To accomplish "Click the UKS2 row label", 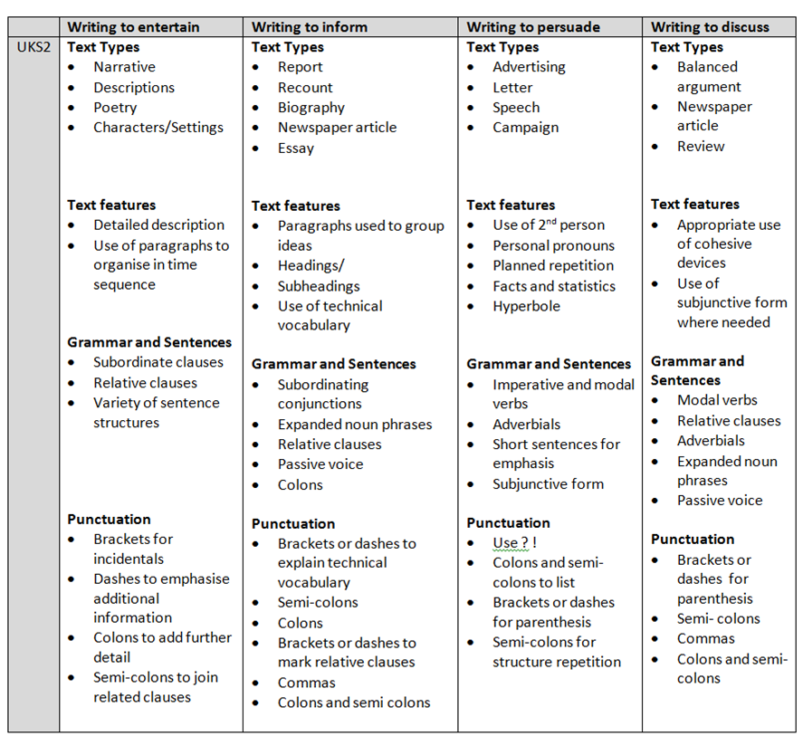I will tap(33, 47).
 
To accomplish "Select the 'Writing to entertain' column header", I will tap(133, 27).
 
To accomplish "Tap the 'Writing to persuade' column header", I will tap(533, 27).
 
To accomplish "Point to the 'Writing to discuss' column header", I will tap(710, 27).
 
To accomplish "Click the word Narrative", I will tap(124, 67).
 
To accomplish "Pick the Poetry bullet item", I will tap(115, 107).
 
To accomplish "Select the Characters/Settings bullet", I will tap(158, 128).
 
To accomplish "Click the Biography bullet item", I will tap(311, 108).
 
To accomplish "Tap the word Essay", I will tap(295, 148).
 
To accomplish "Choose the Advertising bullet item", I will tap(529, 67).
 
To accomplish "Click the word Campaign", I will tap(525, 128).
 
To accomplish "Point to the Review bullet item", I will tap(701, 146).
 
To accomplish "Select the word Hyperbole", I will tap(526, 306).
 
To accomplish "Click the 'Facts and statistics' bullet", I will tap(553, 286).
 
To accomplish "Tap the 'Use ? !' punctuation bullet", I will tap(514, 543).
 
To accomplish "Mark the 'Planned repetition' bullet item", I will tap(553, 265).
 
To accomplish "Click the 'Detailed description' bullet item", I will tap(158, 225).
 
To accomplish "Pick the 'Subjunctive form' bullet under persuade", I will tap(548, 483).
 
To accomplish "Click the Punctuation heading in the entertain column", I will tap(109, 519).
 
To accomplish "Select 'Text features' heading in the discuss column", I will tap(694, 204).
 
